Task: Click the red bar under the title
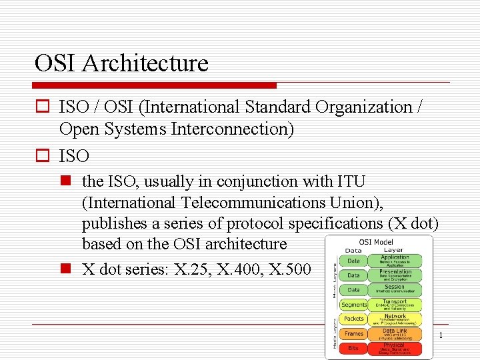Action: pyautogui.click(x=155, y=85)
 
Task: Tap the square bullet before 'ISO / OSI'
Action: pyautogui.click(x=41, y=107)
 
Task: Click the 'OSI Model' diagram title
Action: pyautogui.click(x=376, y=242)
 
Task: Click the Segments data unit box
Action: pyautogui.click(x=353, y=304)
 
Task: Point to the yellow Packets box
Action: pyautogui.click(x=353, y=319)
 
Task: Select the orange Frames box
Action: pyautogui.click(x=353, y=333)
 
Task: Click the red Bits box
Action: pyautogui.click(x=353, y=348)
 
